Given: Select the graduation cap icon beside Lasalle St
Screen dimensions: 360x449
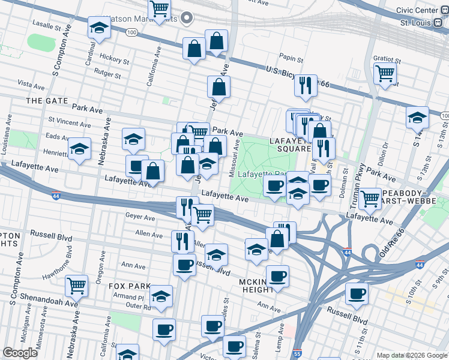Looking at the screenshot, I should pyautogui.click(x=99, y=28).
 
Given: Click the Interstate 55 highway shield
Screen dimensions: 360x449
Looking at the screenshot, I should pyautogui.click(x=298, y=355).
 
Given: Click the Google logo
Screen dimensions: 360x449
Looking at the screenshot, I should pyautogui.click(x=20, y=353).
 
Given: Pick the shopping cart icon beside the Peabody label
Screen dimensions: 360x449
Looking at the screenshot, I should pyautogui.click(x=370, y=199).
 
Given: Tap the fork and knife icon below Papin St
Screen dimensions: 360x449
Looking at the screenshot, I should pyautogui.click(x=306, y=86).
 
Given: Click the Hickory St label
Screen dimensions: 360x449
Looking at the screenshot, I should pyautogui.click(x=115, y=61).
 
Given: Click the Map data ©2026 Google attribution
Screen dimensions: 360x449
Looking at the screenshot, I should pyautogui.click(x=412, y=355).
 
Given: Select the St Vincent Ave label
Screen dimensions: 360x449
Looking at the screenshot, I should pyautogui.click(x=70, y=123).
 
